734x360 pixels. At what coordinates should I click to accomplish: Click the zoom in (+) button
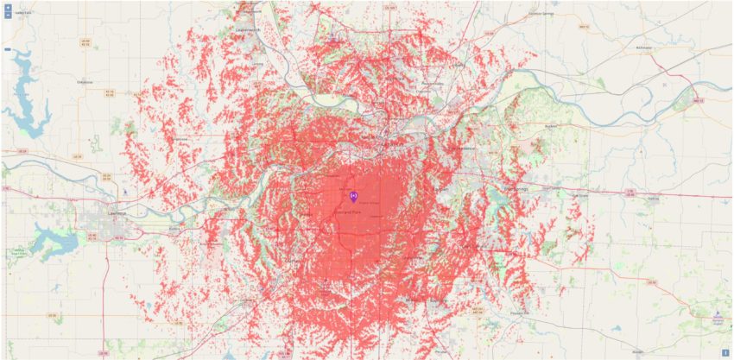(x=8, y=7)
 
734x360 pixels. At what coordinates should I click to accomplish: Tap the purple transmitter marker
(x=353, y=196)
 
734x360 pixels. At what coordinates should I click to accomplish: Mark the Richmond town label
(x=642, y=47)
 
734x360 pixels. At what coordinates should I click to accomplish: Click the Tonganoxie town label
(x=181, y=138)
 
